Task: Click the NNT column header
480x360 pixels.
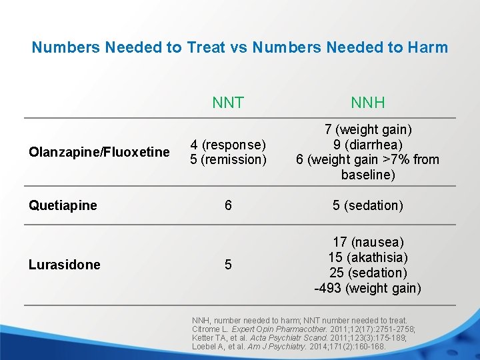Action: coord(228,103)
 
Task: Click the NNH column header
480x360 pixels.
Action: coord(368,103)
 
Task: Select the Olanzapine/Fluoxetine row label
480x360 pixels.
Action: coord(99,152)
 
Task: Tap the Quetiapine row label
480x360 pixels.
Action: coord(63,205)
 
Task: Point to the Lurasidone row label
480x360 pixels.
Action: coord(65,265)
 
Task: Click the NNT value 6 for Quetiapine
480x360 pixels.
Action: coord(228,205)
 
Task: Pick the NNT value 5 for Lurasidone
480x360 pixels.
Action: coord(228,265)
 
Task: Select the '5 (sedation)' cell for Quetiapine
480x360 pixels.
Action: coord(368,205)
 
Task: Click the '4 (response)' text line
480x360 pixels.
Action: coord(228,145)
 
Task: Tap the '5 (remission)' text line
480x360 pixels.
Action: coord(228,159)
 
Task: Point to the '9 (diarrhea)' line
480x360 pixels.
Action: coord(368,145)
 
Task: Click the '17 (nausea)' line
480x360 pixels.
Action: coord(368,242)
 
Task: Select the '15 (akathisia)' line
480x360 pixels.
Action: coord(368,257)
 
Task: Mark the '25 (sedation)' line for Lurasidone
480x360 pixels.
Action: coord(368,273)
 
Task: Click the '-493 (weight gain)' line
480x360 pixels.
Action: coord(368,288)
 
